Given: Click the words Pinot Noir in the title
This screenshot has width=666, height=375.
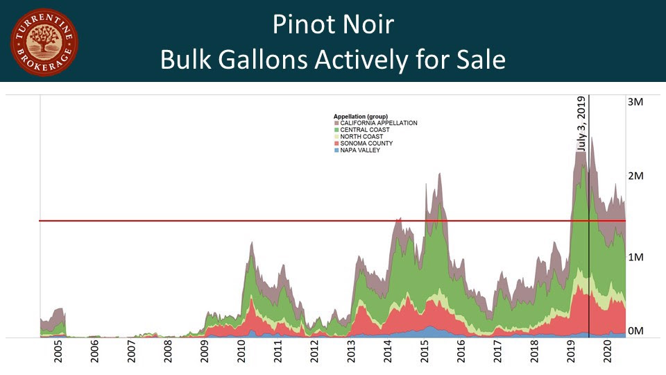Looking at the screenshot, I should (x=333, y=25).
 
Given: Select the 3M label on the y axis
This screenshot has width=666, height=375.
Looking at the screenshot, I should (x=635, y=101).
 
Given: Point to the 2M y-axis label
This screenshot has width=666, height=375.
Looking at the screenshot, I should (x=635, y=176).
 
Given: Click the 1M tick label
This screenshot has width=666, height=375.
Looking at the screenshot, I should (x=635, y=257).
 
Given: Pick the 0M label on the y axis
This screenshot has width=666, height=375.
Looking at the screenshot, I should (x=635, y=331).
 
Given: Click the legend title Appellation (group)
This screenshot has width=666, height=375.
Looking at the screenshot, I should (x=360, y=116).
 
